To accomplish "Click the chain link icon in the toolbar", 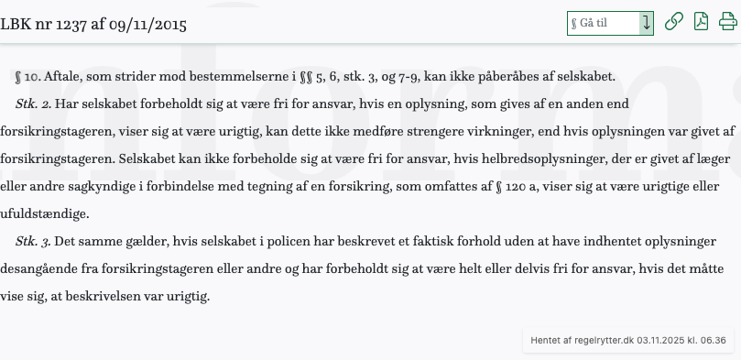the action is point(674,23).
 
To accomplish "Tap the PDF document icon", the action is point(702,23).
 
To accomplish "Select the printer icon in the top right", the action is point(728,23).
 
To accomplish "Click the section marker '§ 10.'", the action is point(28,76).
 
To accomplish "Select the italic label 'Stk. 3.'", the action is point(34,241).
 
